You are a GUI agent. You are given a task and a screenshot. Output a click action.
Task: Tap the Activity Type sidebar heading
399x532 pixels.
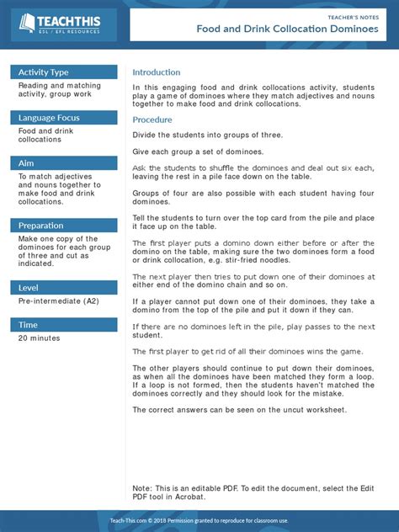click(x=44, y=72)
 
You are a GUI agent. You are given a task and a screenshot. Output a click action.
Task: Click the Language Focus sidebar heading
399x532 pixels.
click(x=49, y=118)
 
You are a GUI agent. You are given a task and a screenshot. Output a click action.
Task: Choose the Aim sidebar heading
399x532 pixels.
click(x=27, y=163)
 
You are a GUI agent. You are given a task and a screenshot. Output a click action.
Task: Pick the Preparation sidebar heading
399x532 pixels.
click(x=40, y=226)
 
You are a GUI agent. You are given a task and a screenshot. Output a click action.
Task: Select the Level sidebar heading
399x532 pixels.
click(x=29, y=288)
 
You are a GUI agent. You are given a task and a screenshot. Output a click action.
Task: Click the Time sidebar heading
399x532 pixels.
click(x=28, y=325)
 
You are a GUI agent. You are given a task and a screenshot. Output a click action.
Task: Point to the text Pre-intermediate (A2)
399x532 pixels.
click(x=54, y=301)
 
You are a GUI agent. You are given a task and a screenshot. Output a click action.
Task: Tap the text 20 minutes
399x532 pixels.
click(x=39, y=338)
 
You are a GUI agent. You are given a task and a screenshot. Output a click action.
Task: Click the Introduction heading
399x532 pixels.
click(x=157, y=72)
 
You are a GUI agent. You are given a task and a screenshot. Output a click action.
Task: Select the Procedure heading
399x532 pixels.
click(x=152, y=120)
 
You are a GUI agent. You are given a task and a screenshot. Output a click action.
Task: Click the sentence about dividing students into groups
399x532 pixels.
click(x=207, y=135)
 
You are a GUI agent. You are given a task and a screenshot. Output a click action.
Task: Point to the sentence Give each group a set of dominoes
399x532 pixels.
click(x=198, y=152)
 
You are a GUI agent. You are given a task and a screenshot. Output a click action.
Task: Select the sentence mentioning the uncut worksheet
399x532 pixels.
click(x=238, y=409)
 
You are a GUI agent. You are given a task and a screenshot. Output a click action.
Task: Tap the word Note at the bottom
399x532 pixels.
click(x=141, y=488)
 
